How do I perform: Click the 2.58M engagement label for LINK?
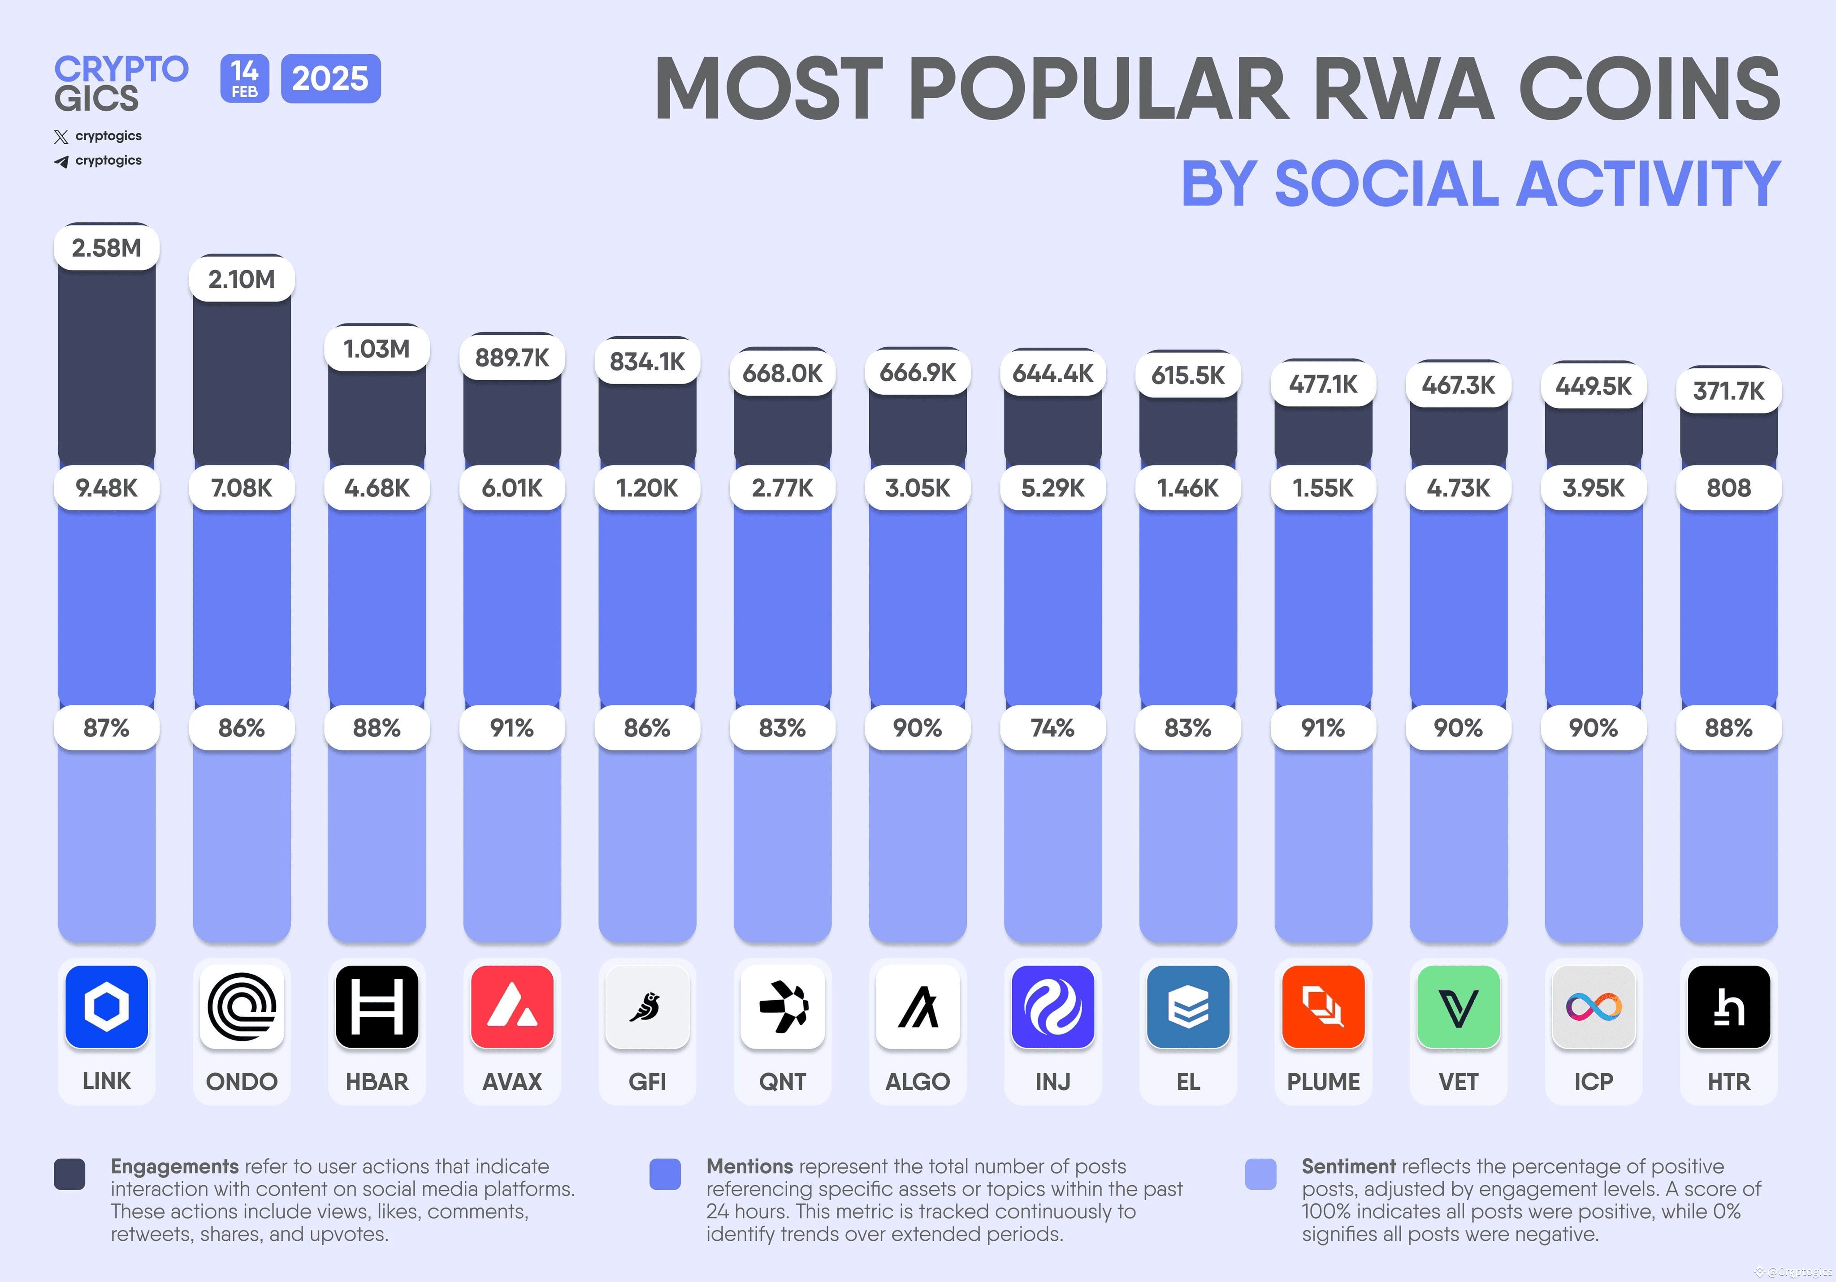tap(106, 248)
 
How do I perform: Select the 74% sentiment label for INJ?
tap(1052, 728)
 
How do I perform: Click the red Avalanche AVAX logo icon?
tap(512, 1006)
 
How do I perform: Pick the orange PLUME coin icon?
tap(1323, 1006)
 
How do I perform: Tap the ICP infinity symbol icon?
tap(1593, 1006)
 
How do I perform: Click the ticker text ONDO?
tap(242, 1081)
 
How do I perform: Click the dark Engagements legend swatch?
tap(69, 1174)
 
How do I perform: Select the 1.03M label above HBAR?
tap(377, 349)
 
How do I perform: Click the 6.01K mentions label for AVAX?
tap(512, 488)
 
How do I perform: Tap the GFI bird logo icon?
tap(647, 1006)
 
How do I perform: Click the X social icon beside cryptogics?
tap(61, 137)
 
